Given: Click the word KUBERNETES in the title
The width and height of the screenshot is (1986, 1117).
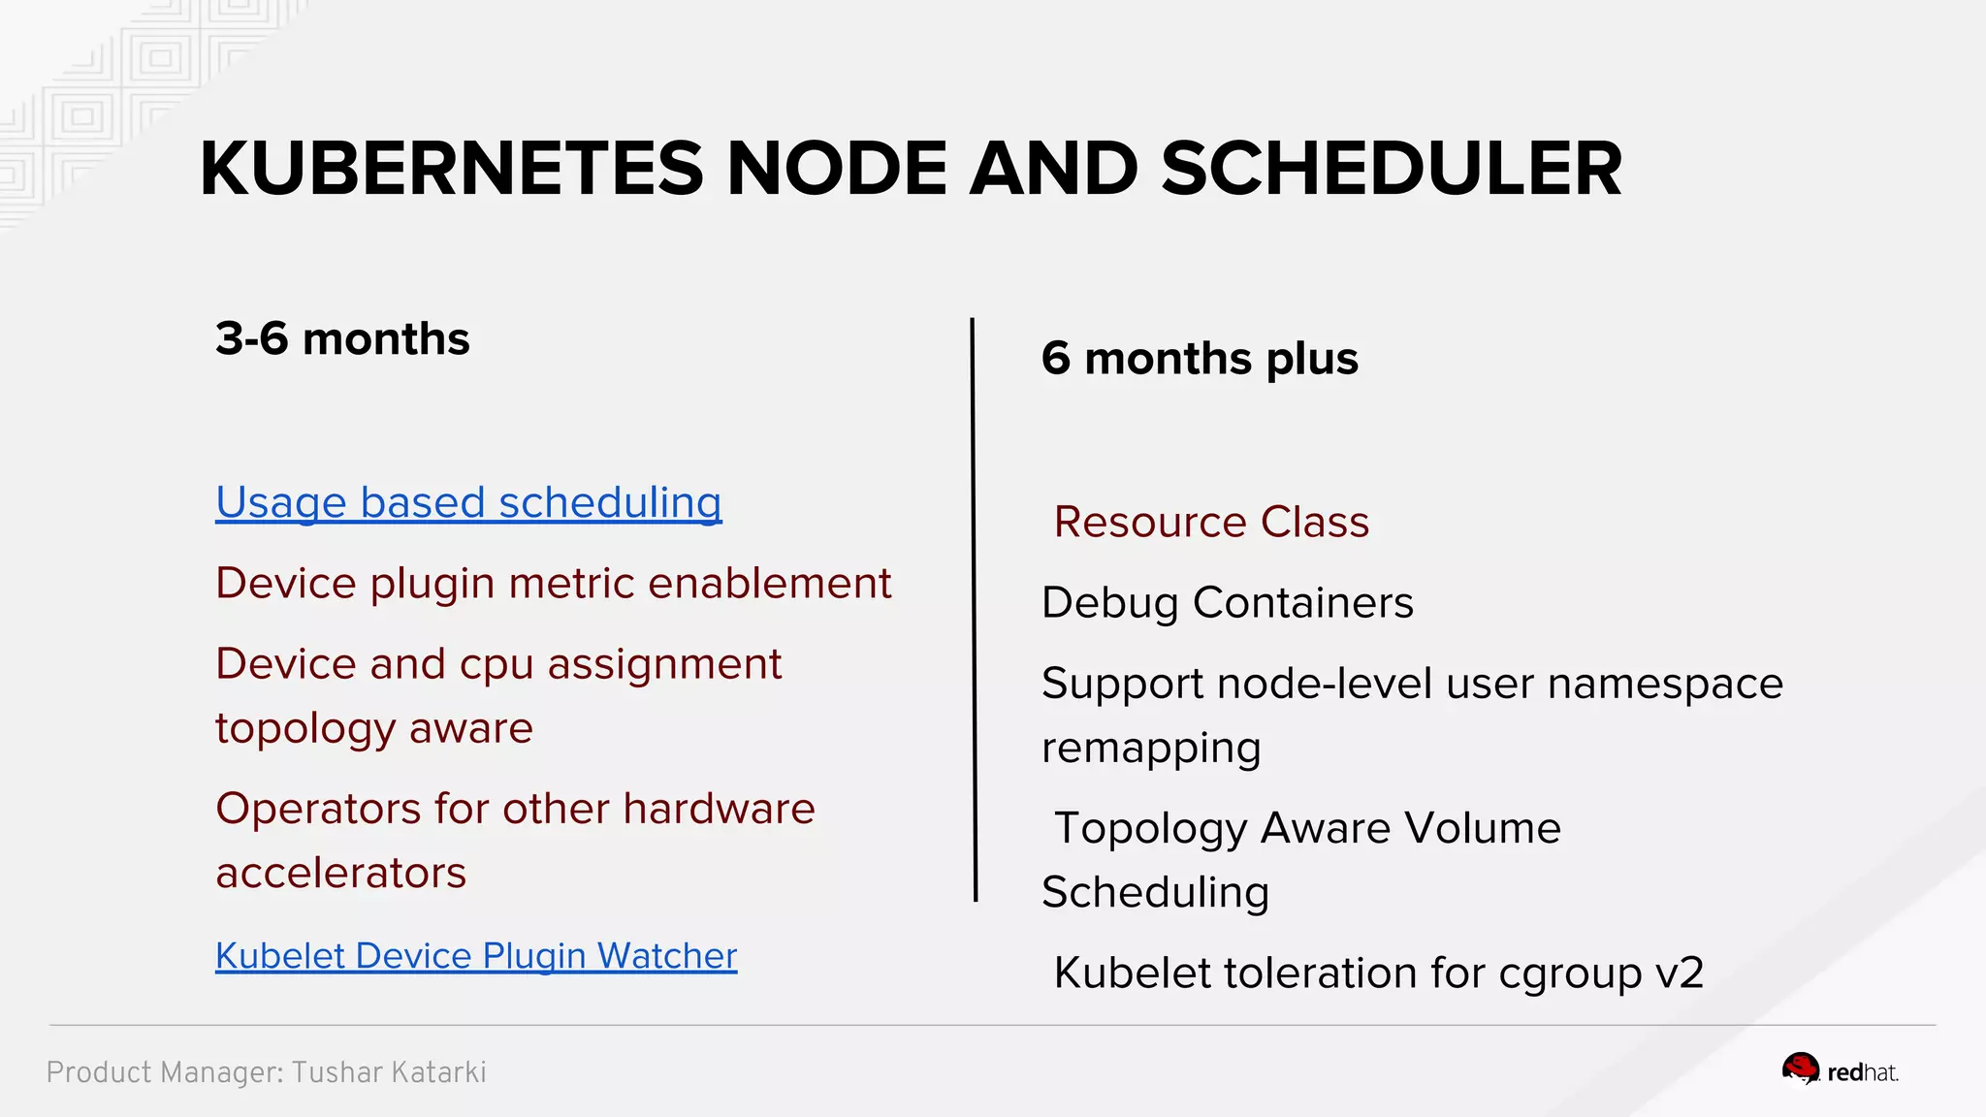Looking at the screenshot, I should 451,169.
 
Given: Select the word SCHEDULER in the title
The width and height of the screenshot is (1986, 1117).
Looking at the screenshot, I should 1391,169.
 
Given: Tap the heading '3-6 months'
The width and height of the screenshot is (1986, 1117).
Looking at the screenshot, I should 342,339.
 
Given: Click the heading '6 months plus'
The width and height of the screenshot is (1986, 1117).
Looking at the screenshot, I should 1200,359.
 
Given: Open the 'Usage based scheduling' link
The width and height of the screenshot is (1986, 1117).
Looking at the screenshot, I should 468,503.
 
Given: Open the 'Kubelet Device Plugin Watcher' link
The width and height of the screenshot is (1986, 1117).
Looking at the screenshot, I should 476,956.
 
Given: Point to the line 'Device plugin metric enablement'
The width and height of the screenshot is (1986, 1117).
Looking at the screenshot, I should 553,584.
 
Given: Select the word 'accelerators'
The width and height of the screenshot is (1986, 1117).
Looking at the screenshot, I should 341,874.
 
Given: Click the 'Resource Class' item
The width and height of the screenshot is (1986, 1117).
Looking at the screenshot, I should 1211,523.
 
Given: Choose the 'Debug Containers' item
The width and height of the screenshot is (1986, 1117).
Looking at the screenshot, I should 1227,603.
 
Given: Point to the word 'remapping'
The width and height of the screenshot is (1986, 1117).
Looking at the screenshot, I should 1151,749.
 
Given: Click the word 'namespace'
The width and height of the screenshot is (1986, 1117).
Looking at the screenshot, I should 1665,685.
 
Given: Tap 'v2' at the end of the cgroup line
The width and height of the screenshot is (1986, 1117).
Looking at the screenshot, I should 1679,973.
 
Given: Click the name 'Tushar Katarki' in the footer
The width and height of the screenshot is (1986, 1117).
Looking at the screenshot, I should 389,1072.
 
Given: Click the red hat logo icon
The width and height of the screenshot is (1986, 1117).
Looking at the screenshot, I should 1801,1069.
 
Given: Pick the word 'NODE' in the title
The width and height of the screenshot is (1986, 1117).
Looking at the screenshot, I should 836,169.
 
